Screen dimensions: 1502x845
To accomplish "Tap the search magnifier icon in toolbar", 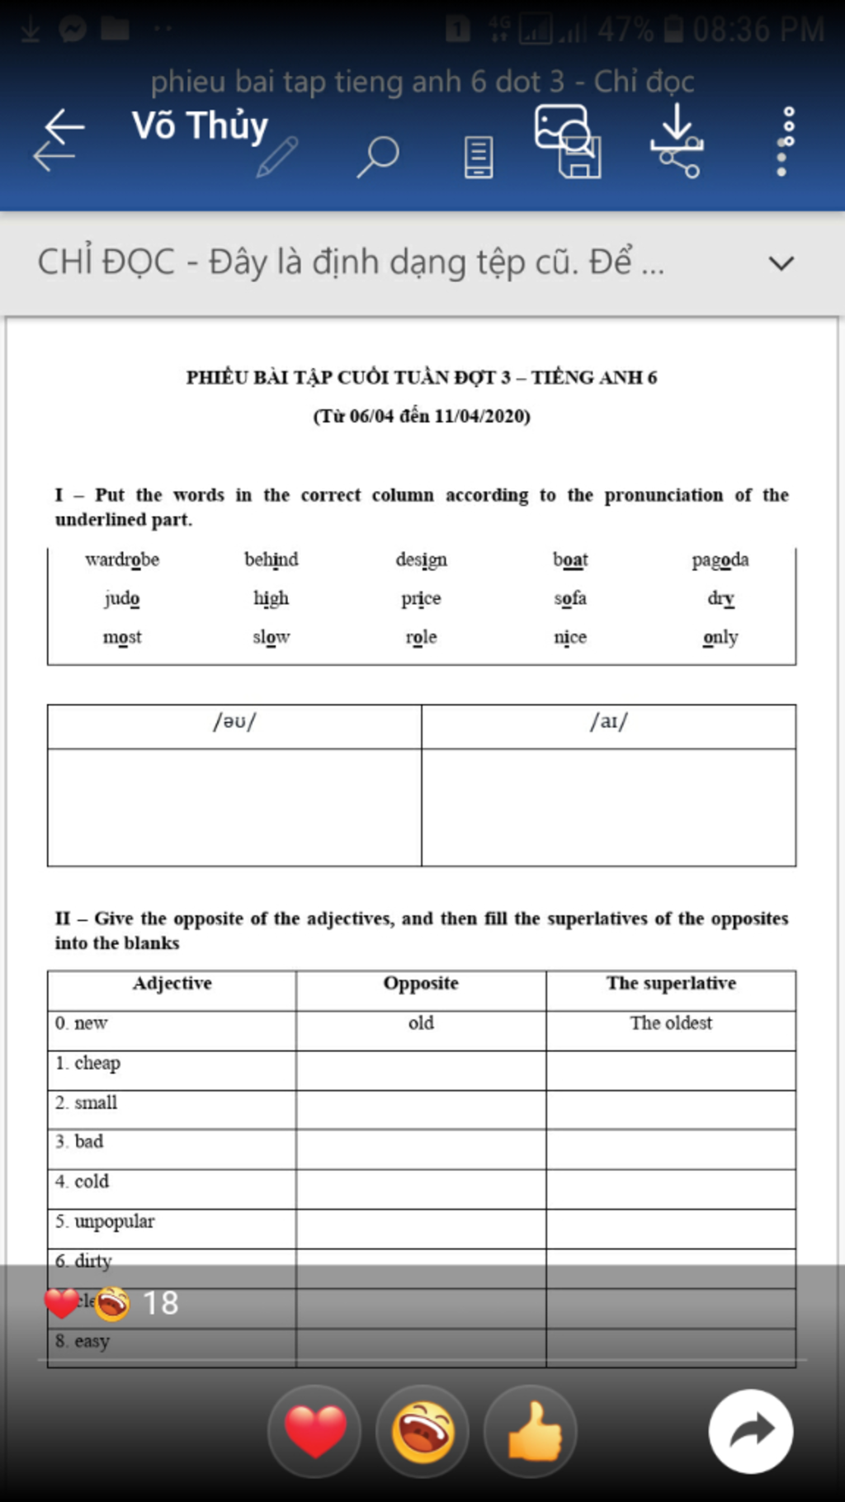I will click(x=378, y=156).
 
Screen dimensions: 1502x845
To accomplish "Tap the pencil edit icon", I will click(x=277, y=157).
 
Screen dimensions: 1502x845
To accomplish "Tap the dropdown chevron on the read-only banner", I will click(x=781, y=263).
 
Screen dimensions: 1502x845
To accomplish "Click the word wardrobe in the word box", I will click(x=122, y=560).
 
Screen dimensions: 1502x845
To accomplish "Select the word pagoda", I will click(x=720, y=560).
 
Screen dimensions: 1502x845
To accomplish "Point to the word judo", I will click(x=122, y=598).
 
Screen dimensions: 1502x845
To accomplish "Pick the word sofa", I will click(x=570, y=598).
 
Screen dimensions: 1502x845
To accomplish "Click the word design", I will click(x=421, y=560).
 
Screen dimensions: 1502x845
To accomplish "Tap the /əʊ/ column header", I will click(x=234, y=722).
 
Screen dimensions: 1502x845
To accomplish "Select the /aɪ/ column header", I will click(x=609, y=722).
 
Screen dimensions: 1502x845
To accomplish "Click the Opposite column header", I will click(x=421, y=983).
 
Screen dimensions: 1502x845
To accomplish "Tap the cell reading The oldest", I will click(x=671, y=1023).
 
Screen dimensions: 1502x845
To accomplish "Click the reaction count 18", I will click(x=160, y=1303).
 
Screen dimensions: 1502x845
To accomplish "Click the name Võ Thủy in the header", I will click(x=201, y=125).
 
